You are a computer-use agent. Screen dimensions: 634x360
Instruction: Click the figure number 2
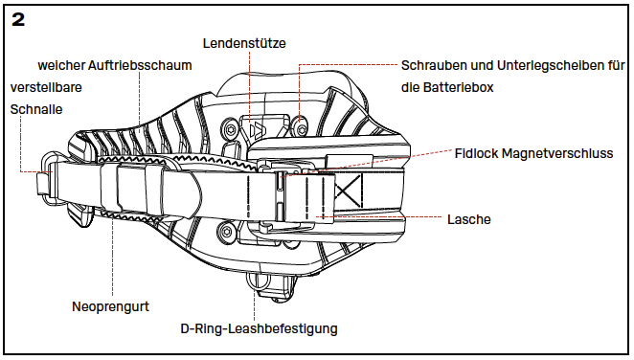pos(18,19)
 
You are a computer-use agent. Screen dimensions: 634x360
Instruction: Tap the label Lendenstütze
pos(244,43)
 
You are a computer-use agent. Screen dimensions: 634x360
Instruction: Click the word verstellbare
pos(46,87)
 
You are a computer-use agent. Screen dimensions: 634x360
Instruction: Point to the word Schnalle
pos(36,109)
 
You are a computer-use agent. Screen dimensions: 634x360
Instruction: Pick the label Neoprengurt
pos(110,306)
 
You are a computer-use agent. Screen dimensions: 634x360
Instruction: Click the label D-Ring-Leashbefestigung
pos(259,328)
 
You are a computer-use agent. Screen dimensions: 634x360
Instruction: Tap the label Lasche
pos(469,219)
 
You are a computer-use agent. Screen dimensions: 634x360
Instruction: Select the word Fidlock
pos(476,153)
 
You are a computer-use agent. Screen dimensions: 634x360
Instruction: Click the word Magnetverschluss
pos(557,153)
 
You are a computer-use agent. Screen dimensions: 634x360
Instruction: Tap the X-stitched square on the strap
pos(348,191)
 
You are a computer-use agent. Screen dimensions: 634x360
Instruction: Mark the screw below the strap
pos(226,232)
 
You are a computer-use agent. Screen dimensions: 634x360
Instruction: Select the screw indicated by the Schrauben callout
pos(299,128)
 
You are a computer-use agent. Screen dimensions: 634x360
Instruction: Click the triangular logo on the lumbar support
pos(258,131)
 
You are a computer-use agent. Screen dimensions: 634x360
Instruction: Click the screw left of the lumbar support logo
pos(230,129)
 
